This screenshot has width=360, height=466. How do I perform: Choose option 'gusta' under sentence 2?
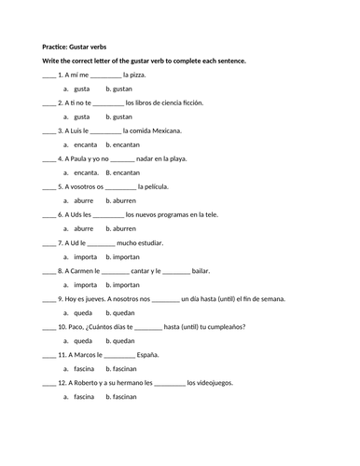82,116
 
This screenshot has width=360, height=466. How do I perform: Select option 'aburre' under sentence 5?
83,200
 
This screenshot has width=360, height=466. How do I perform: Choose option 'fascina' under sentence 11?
84,369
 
